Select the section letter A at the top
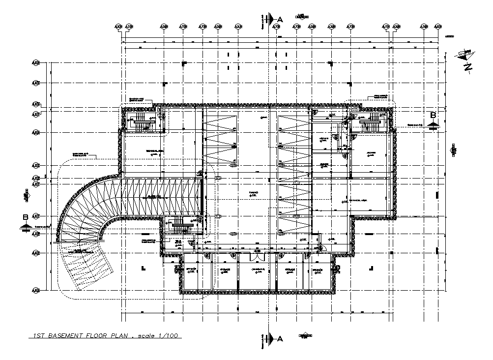click(280, 19)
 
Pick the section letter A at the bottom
click(280, 338)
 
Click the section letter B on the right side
click(433, 115)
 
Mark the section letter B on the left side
click(25, 217)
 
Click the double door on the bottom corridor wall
click(256, 256)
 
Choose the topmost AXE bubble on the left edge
click(35, 63)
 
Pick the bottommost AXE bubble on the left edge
click(35, 290)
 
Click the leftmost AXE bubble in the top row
click(117, 27)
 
